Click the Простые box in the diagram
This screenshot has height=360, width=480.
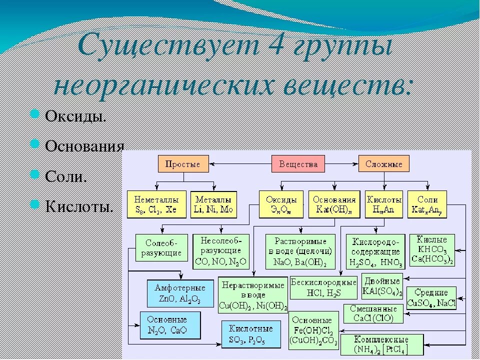(x=183, y=164)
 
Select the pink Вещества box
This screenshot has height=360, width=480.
(x=298, y=164)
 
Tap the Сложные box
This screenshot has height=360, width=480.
(x=383, y=164)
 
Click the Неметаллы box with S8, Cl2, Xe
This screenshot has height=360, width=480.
(x=156, y=203)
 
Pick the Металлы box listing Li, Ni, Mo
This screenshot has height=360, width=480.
(x=214, y=203)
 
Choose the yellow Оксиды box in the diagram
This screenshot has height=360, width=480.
(x=281, y=203)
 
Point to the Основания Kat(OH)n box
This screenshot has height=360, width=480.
(x=334, y=203)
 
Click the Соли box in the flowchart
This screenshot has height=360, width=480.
(x=427, y=203)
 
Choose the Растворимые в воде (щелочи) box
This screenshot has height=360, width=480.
(x=300, y=251)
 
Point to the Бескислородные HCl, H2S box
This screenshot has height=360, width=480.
(x=323, y=287)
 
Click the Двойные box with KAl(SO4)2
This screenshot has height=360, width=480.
(x=382, y=286)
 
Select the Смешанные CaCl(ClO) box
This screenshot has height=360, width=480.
(x=373, y=313)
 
